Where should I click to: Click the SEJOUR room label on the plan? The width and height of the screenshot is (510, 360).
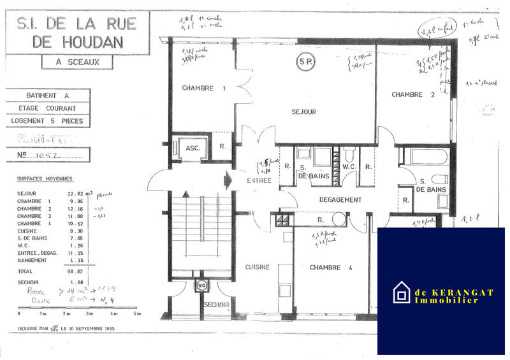coord(304,112)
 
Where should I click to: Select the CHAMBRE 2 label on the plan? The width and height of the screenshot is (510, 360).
coord(407,94)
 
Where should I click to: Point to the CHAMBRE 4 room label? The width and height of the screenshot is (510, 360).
coord(331,268)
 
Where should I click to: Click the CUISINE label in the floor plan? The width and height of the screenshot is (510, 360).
coord(258,267)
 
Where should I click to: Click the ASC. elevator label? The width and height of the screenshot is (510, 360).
coord(193,148)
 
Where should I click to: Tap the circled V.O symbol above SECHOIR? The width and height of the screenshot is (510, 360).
coord(202,286)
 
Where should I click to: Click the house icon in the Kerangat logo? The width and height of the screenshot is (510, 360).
coord(402,292)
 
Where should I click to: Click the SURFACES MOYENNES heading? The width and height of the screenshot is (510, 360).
coord(45,179)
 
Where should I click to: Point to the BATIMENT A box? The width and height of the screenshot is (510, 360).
coord(48,96)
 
